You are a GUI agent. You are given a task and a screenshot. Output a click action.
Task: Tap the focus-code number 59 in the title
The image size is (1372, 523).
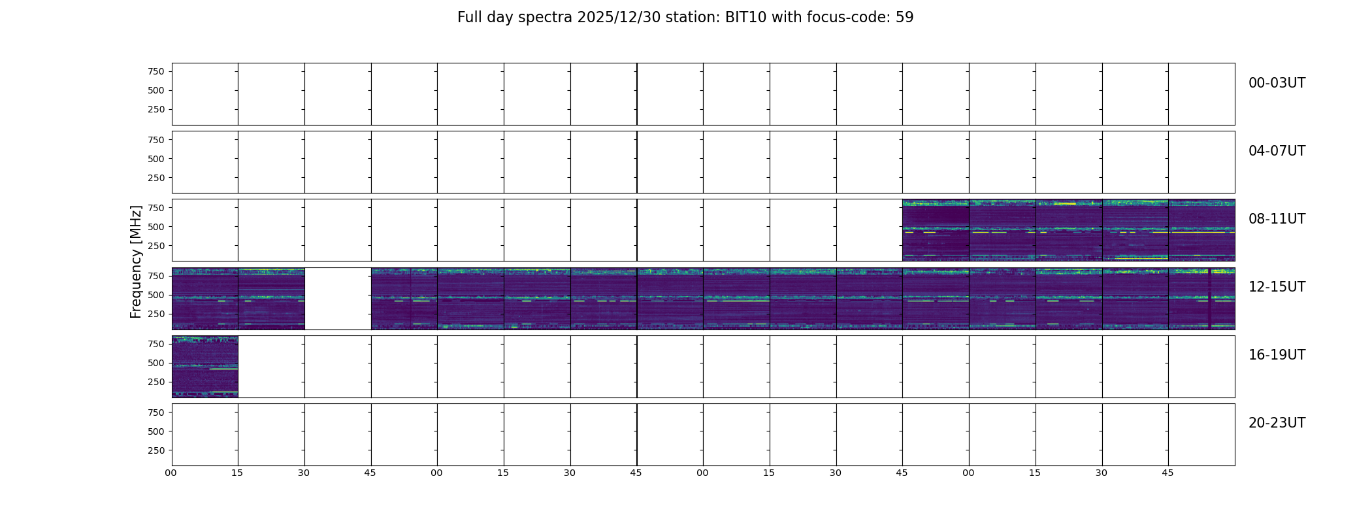coord(905,18)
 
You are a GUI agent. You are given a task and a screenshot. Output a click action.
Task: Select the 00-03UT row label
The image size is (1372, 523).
coord(1277,83)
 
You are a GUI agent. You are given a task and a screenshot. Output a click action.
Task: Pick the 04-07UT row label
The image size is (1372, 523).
coord(1277,151)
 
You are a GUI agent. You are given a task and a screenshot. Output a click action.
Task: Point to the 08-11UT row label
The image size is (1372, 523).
coord(1277,219)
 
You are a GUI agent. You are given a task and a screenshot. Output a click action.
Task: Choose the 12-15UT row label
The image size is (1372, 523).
coord(1277,287)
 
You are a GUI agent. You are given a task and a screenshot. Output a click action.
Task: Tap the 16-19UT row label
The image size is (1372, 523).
coord(1277,355)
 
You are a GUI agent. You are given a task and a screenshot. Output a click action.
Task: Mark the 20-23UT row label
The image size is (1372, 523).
coord(1277,423)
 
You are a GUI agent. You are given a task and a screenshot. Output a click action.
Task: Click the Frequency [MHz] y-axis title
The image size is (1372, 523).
coord(136,261)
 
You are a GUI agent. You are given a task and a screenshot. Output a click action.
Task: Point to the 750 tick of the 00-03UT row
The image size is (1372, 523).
coord(156,71)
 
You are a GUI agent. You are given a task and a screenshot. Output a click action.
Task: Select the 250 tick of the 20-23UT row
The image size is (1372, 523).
coord(156,450)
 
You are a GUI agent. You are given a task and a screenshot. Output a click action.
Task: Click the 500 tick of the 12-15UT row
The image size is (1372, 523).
coord(156,295)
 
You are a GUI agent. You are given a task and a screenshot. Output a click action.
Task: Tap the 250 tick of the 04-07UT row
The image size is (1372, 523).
coord(156,178)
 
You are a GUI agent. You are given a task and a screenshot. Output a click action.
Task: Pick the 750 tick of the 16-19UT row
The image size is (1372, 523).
coord(156,344)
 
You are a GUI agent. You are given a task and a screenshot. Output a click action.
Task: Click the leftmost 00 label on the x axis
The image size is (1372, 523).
coord(171,473)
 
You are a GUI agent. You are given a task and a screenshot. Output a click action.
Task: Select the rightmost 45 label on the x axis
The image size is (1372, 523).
coord(1168,473)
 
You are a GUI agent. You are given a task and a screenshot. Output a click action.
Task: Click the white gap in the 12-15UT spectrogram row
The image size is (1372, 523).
coord(338,298)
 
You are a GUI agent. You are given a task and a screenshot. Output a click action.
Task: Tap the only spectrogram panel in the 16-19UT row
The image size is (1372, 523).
coord(205,367)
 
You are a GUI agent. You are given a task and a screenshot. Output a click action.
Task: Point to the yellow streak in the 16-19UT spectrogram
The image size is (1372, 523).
coord(223,369)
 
